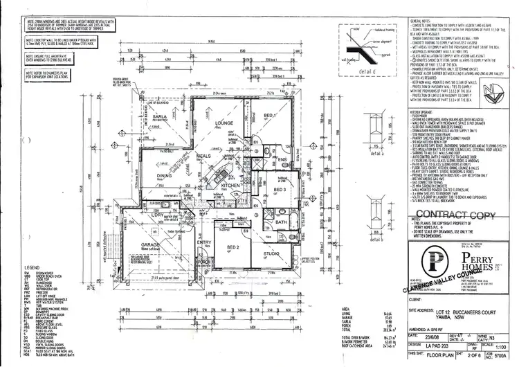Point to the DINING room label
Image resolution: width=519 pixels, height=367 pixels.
pos(164,177)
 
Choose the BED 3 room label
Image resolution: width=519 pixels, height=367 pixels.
pos(280,189)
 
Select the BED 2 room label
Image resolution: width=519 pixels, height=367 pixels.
pos(233,247)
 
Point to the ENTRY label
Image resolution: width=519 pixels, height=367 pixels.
pos(204,242)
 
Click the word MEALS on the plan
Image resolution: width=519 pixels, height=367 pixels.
pos(203,157)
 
